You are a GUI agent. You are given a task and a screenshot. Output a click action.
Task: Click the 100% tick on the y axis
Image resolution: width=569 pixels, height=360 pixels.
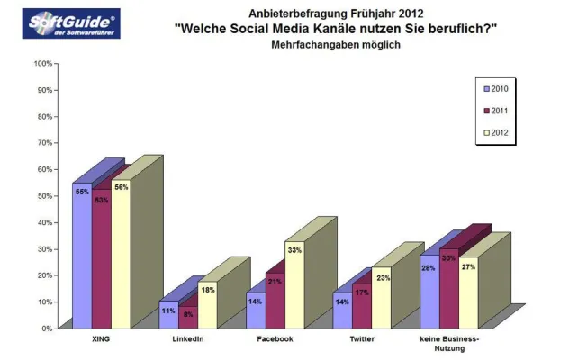[x=42, y=64]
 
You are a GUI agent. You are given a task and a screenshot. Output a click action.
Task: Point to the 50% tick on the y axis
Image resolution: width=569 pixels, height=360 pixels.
[x=44, y=196]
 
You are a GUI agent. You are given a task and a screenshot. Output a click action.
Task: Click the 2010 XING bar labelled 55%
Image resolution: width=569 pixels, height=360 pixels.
[x=82, y=256]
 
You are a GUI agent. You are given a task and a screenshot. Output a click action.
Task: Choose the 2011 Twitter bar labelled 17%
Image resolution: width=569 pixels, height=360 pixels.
[x=361, y=306]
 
